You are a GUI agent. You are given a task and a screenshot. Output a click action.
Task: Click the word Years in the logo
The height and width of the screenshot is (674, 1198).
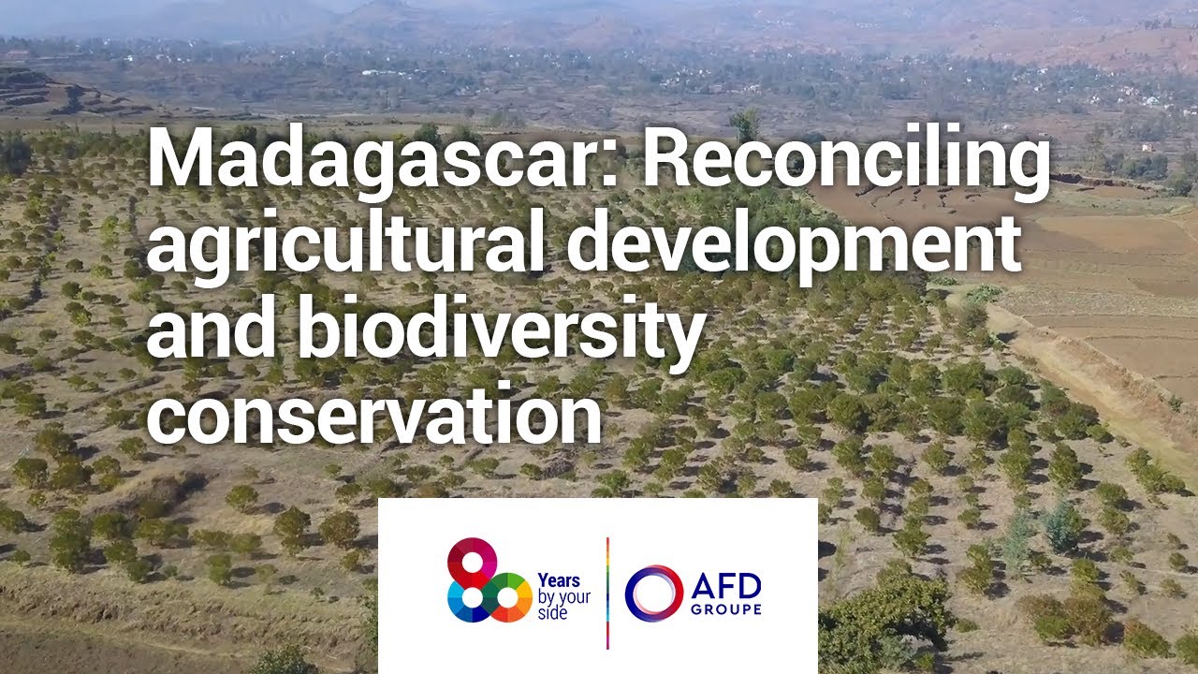click(x=558, y=579)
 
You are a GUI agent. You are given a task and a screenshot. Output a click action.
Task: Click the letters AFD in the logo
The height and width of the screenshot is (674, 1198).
click(x=726, y=587)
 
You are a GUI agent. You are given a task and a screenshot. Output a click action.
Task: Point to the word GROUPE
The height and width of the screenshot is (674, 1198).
click(x=726, y=609)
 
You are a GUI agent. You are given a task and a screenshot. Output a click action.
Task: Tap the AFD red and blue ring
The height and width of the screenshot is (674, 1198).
click(x=652, y=593)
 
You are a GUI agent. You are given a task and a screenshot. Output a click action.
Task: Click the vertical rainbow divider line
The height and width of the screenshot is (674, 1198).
click(x=607, y=593)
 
